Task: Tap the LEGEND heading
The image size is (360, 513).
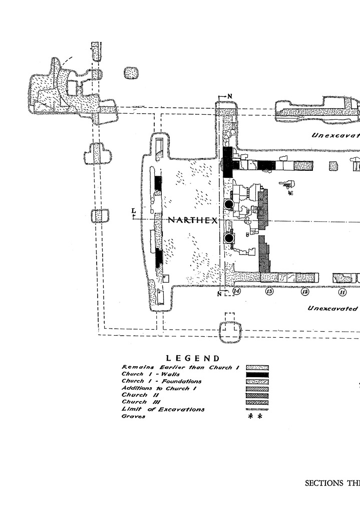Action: coord(193,358)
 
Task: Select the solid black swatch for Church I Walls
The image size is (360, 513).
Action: coord(257,375)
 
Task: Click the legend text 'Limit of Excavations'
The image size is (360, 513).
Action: coord(163,409)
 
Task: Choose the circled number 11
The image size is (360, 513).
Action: coord(342,292)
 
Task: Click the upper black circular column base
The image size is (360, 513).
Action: coord(229,204)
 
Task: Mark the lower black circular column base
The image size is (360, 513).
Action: coord(229,238)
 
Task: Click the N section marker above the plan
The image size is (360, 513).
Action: coord(230,95)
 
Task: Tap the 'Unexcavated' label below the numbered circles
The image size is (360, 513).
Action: coord(333,308)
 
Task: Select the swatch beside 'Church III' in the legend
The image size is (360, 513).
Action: coord(257,402)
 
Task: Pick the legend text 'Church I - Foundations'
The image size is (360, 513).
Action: coord(161,381)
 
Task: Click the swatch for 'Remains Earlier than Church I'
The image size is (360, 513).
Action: coord(257,368)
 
